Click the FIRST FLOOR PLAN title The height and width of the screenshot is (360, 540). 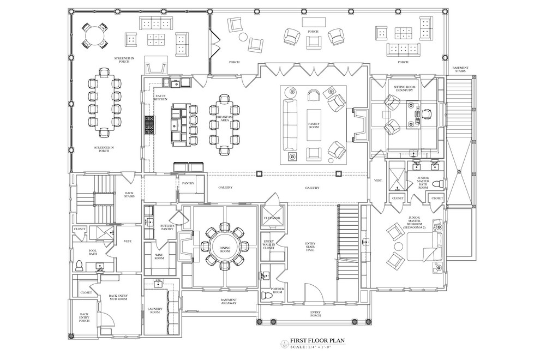click(317, 339)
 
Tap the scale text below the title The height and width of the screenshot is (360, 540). click(317, 347)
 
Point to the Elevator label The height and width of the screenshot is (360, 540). click(272, 218)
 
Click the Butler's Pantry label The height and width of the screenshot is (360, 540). click(167, 227)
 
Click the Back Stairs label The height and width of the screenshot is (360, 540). click(129, 194)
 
